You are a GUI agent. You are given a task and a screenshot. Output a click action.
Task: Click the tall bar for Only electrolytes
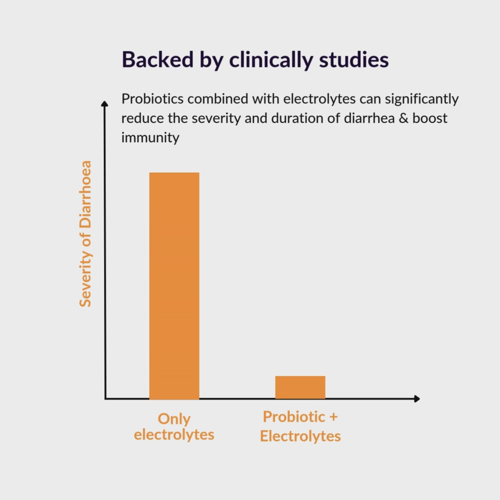pyautogui.click(x=174, y=285)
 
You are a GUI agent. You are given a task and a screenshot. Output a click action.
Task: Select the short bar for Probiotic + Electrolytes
pyautogui.click(x=300, y=387)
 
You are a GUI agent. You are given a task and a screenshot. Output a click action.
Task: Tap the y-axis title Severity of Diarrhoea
pyautogui.click(x=85, y=234)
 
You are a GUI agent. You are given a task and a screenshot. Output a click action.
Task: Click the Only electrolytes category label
pyautogui.click(x=174, y=426)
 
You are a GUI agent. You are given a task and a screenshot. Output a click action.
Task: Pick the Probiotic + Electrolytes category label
pyautogui.click(x=300, y=426)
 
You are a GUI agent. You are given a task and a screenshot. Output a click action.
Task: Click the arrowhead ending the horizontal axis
pyautogui.click(x=417, y=399)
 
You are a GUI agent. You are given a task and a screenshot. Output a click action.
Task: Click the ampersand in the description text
pyautogui.click(x=401, y=118)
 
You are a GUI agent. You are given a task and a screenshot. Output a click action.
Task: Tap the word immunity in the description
pyautogui.click(x=150, y=138)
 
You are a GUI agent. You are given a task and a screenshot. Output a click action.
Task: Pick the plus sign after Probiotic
pyautogui.click(x=333, y=417)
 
